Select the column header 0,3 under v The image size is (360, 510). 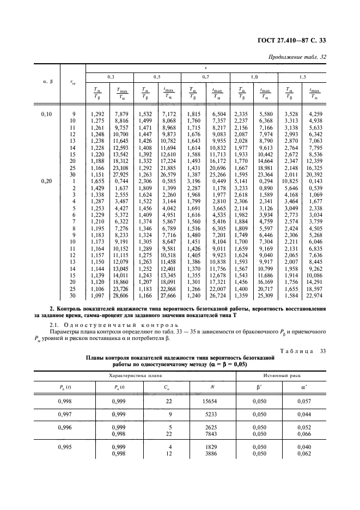[x=111, y=77]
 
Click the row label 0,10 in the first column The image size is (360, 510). [x=47, y=114]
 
